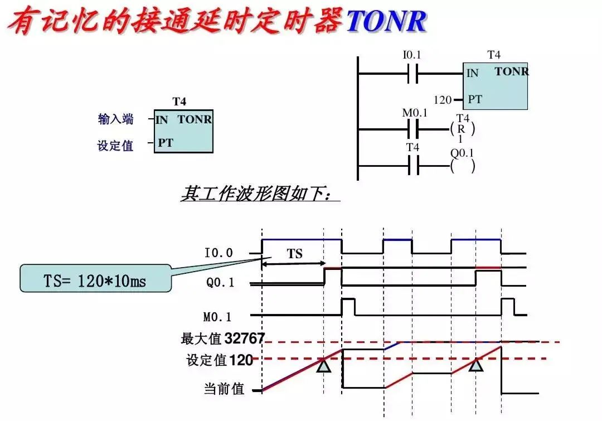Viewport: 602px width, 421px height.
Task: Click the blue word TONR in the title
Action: pos(386,21)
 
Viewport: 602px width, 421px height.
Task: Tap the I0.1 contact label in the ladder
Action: pos(412,55)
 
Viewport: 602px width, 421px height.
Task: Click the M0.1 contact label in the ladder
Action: pos(414,113)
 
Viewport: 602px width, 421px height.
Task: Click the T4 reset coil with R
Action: pos(462,129)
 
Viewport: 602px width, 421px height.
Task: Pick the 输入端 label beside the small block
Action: pos(116,119)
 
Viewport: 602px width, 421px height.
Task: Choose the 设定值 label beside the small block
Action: pos(115,146)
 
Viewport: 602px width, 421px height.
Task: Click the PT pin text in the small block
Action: pos(166,143)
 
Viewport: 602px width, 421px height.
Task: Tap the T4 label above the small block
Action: pos(179,101)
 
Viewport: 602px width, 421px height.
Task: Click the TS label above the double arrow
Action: pos(295,254)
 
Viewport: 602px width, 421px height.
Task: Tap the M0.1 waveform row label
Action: pos(217,317)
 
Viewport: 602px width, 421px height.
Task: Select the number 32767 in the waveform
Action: pos(245,338)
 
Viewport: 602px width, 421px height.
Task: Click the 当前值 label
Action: pos(225,389)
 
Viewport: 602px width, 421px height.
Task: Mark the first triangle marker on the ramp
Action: pos(324,366)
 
